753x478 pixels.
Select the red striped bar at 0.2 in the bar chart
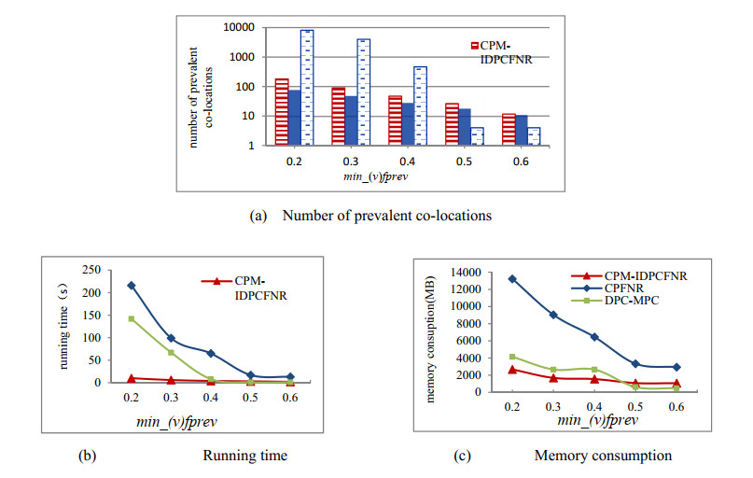[281, 112]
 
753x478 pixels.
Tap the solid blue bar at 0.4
[407, 124]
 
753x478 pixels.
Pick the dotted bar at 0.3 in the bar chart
[364, 91]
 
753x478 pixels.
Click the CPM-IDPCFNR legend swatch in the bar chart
[474, 45]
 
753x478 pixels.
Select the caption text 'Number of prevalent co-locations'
[391, 215]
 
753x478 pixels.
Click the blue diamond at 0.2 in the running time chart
[131, 286]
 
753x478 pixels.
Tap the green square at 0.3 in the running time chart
[171, 352]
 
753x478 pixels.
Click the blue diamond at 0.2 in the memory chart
[511, 278]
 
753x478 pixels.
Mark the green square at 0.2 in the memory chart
[511, 357]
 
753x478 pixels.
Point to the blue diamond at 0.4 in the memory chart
[593, 336]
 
